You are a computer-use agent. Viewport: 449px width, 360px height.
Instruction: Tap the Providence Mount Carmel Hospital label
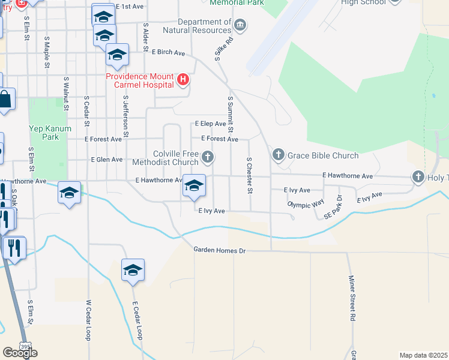(140, 80)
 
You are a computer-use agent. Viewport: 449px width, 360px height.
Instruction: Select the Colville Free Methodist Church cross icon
(208, 158)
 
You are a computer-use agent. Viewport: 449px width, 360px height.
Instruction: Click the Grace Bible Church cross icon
(278, 155)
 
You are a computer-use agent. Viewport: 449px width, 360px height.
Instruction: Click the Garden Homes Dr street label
(220, 250)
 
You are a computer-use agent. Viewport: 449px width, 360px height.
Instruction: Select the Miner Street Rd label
(352, 298)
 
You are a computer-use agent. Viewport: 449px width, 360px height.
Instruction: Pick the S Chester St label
(249, 175)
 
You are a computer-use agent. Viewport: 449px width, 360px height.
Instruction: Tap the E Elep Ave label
(210, 124)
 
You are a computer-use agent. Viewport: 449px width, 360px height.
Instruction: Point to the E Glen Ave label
(106, 160)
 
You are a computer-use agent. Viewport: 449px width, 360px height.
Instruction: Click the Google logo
(20, 353)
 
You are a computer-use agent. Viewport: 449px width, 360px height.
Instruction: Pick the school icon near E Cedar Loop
(133, 271)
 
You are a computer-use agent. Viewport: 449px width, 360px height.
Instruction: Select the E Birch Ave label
(168, 52)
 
